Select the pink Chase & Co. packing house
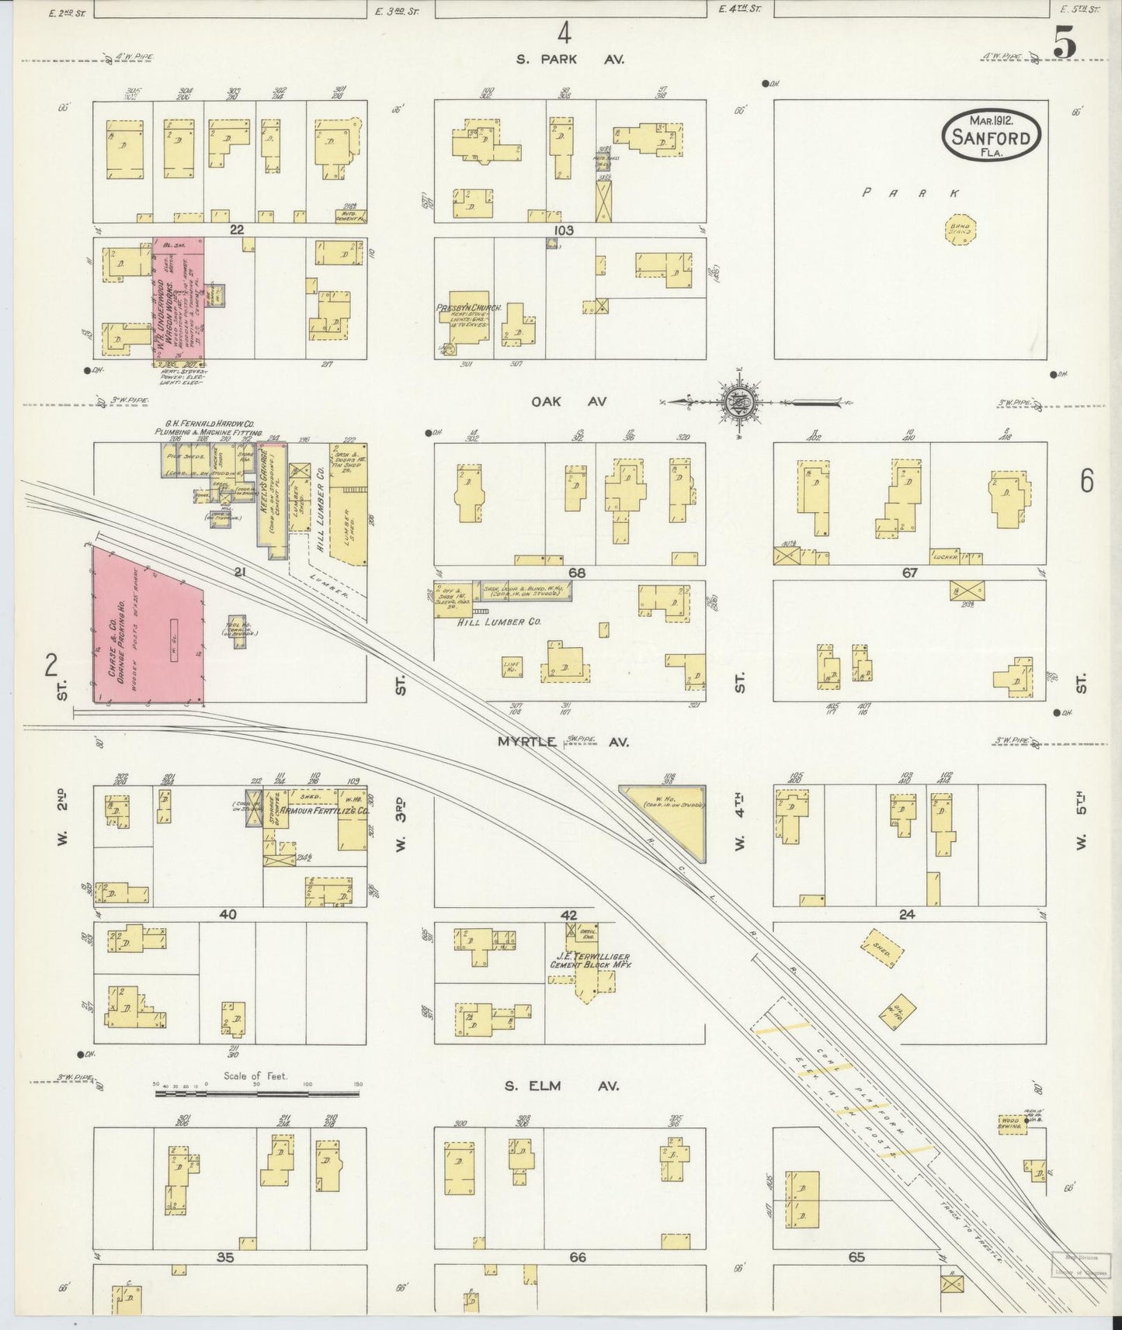coord(148,627)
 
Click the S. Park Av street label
coord(570,59)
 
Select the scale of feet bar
coord(256,1094)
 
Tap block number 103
coord(564,230)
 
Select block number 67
coord(910,573)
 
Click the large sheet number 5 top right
coord(1065,47)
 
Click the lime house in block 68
coord(512,666)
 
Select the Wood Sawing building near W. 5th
coord(1011,1125)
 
